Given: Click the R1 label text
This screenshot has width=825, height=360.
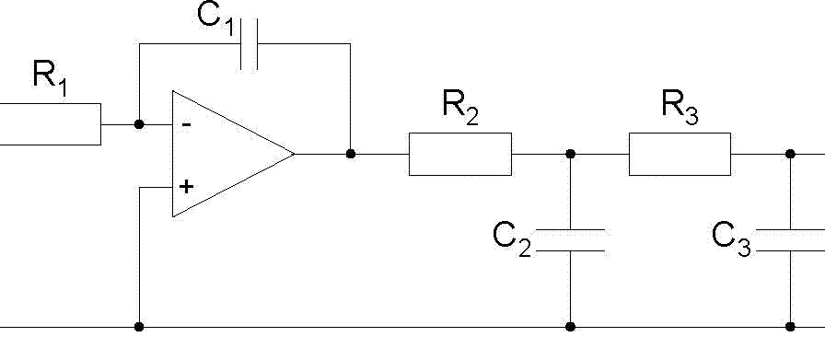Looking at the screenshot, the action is (51, 78).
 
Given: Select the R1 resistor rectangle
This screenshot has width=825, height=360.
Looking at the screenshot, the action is (51, 124).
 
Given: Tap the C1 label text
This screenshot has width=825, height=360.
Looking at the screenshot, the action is (215, 18).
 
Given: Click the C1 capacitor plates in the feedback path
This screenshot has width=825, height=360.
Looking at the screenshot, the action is (249, 44).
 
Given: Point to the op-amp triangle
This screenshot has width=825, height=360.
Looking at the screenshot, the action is (233, 154).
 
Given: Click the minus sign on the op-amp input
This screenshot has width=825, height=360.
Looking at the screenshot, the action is (186, 124).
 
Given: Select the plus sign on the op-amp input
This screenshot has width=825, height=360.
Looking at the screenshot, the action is (186, 187).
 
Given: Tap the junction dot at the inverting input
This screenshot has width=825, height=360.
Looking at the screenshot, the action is (139, 124).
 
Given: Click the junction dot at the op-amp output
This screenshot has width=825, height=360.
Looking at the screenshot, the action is (351, 154).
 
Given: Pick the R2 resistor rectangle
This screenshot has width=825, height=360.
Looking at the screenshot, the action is (460, 154).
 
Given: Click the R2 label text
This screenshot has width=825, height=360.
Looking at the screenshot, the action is (460, 108).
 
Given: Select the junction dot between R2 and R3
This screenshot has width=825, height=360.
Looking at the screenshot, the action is (570, 154).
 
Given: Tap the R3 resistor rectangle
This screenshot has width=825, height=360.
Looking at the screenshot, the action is (680, 154).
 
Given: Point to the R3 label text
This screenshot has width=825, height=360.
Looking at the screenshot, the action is (680, 108).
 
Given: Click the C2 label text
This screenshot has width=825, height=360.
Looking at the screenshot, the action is (512, 239).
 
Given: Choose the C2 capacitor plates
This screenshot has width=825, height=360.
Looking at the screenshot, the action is (570, 240).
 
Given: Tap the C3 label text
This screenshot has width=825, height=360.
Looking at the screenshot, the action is (731, 239).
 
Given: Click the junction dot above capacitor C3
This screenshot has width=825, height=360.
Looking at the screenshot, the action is (790, 154).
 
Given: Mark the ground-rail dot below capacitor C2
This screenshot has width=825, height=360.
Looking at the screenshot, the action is (570, 327).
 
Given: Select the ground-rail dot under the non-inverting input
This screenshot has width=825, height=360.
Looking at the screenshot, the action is (139, 327).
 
